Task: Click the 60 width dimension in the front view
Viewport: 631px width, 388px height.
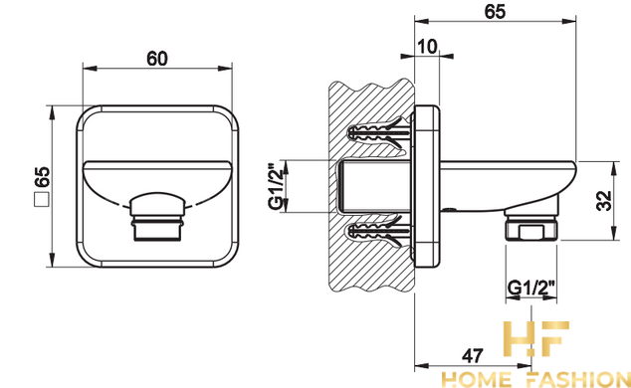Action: click(157, 59)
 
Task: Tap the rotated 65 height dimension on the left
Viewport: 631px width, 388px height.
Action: click(42, 177)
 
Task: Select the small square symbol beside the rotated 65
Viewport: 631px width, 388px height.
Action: click(42, 199)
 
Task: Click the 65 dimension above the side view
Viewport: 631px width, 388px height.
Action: click(495, 11)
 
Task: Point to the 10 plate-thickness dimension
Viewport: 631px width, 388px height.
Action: click(427, 47)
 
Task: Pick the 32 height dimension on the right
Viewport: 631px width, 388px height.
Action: click(604, 201)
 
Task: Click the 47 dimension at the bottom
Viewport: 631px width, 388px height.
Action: click(473, 355)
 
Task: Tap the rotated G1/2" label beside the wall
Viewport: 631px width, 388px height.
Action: click(276, 186)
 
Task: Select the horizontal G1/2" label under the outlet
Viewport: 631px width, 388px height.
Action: click(531, 288)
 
